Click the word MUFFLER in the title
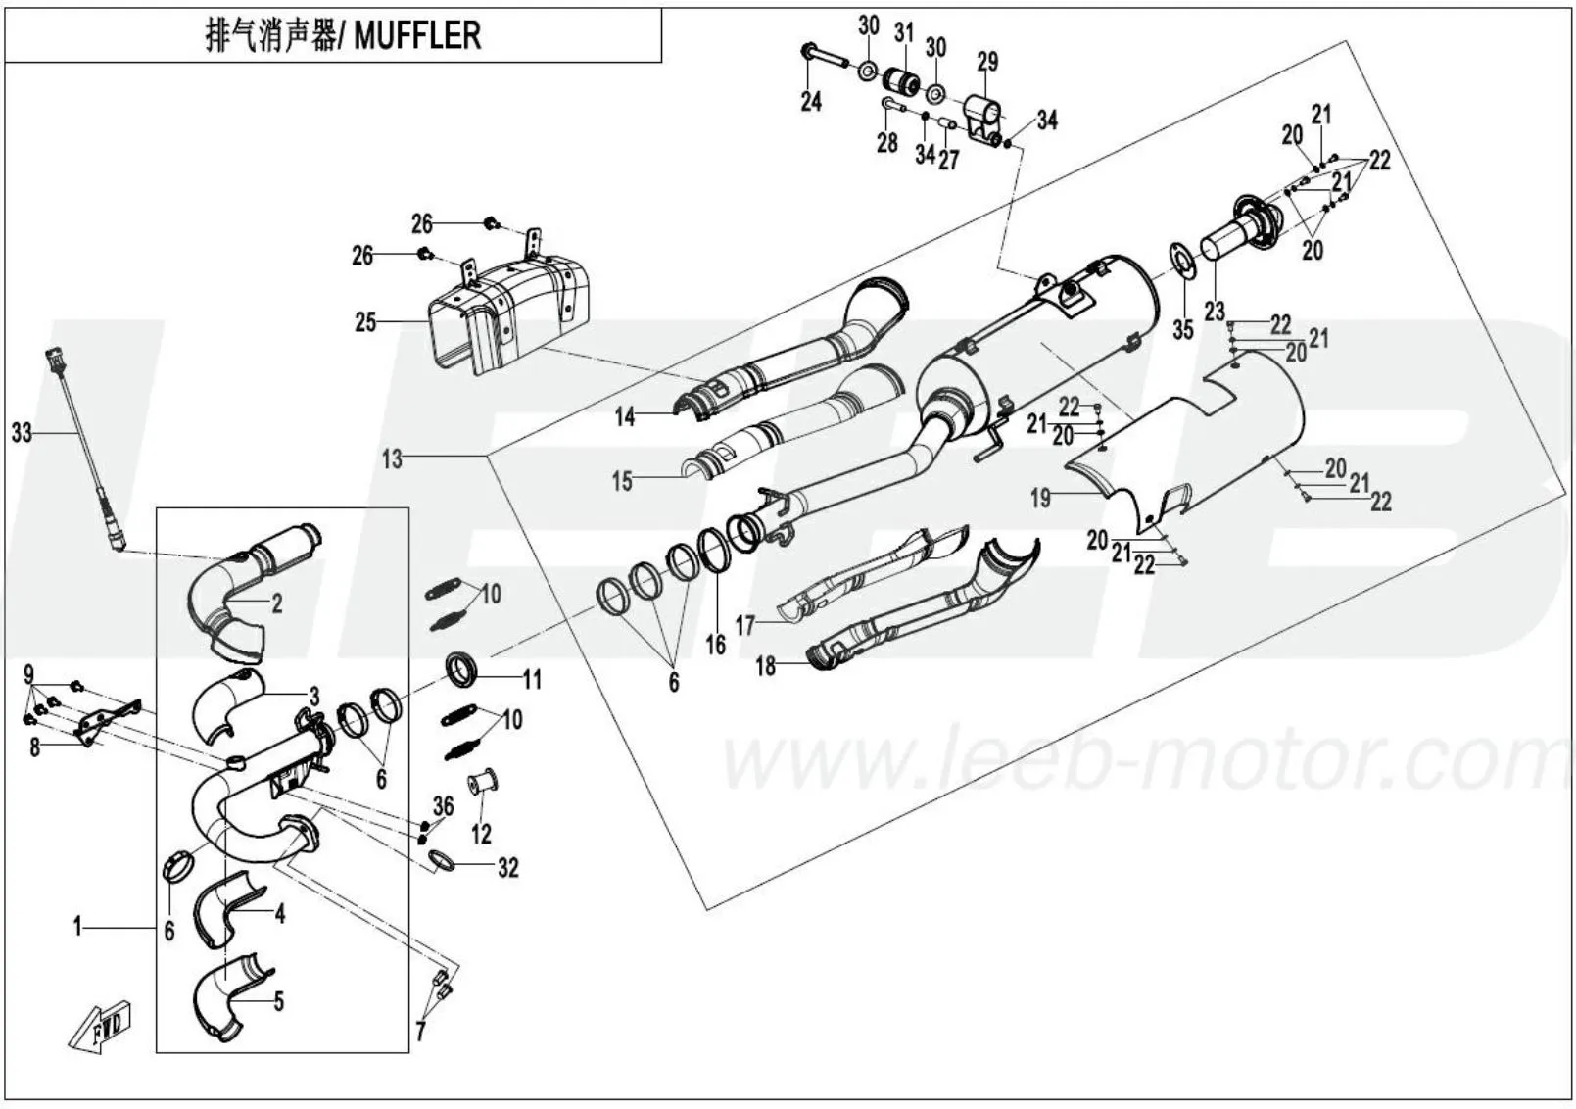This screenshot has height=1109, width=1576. point(416,36)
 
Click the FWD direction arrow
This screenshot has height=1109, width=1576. point(101,1027)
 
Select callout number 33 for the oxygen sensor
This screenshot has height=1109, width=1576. point(22,432)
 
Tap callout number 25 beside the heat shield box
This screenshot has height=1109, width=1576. point(365,321)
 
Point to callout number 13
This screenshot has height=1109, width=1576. point(392,458)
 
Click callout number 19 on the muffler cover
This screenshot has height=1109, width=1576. point(1040,498)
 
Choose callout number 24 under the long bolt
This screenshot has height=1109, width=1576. point(811,101)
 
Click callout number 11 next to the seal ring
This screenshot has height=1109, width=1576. point(532,679)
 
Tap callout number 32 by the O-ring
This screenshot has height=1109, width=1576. point(507,867)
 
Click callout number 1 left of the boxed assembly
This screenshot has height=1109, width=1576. point(77,926)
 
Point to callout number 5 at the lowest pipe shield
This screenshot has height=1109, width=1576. point(278,1001)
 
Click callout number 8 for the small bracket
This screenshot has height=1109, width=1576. point(35,749)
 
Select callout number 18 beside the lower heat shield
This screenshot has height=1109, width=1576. point(765,666)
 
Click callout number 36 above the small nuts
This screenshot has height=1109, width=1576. point(444,805)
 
